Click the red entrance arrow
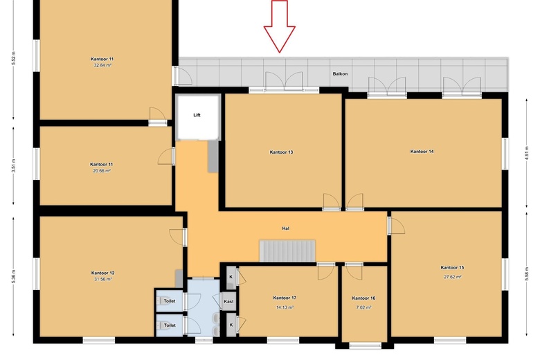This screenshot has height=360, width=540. [x=279, y=26]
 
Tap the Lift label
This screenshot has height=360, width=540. [x=197, y=115]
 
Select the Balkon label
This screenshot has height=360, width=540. [x=340, y=73]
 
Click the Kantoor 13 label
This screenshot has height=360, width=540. [x=281, y=152]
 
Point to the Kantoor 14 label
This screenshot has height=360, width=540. [x=422, y=151]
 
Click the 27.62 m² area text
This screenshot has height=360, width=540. [x=453, y=276]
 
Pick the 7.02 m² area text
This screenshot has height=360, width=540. [x=363, y=307]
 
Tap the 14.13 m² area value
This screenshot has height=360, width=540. [x=285, y=307]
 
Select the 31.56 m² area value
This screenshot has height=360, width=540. [x=102, y=279]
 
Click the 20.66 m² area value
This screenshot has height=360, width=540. [x=102, y=170]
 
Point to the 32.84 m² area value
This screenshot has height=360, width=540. [x=102, y=65]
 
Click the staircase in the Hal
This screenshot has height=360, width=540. [x=287, y=251]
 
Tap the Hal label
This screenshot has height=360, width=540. [x=285, y=228]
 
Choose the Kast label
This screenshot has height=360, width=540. [x=228, y=301]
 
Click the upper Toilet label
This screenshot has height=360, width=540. [x=170, y=300]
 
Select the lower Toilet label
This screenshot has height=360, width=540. [x=170, y=325]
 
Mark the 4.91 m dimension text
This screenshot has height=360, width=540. [x=526, y=153]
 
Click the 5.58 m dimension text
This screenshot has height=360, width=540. [x=527, y=274]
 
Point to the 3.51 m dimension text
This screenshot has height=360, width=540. [x=13, y=165]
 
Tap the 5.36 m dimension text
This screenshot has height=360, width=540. [x=13, y=276]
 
